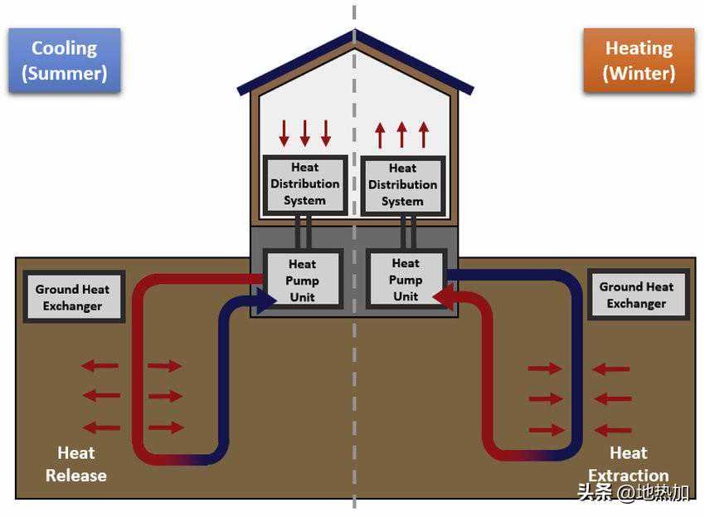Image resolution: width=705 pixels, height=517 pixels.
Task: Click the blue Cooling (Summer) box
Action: (x=65, y=61)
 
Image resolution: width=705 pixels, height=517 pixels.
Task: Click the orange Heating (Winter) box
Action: (x=639, y=61)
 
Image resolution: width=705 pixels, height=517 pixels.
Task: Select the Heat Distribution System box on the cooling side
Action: (x=305, y=184)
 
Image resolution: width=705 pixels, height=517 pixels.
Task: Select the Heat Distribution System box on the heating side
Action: (x=403, y=185)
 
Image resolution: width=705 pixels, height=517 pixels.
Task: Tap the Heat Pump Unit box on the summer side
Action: (x=303, y=280)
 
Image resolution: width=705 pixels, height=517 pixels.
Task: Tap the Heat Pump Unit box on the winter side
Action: (x=406, y=280)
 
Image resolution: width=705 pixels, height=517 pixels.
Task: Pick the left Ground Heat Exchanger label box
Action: (x=73, y=297)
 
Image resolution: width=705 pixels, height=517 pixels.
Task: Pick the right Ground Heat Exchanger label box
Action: (x=637, y=295)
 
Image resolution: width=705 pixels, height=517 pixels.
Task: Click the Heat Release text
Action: (x=76, y=464)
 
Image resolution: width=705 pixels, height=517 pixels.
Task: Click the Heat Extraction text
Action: (x=629, y=464)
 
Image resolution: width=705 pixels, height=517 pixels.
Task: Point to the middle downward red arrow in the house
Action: (x=305, y=133)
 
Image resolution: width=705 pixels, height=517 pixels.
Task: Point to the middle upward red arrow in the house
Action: (x=402, y=134)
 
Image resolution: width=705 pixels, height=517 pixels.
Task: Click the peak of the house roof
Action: (x=355, y=31)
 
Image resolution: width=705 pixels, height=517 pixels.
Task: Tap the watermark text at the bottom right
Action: (x=633, y=492)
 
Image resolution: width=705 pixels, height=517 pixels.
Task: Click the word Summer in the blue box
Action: (x=65, y=73)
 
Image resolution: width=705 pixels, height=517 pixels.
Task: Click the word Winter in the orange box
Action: (x=639, y=73)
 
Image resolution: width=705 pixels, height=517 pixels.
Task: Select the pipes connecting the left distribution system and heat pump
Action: (x=303, y=232)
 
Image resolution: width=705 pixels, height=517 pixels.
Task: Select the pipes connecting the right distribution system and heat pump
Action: (x=408, y=232)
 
